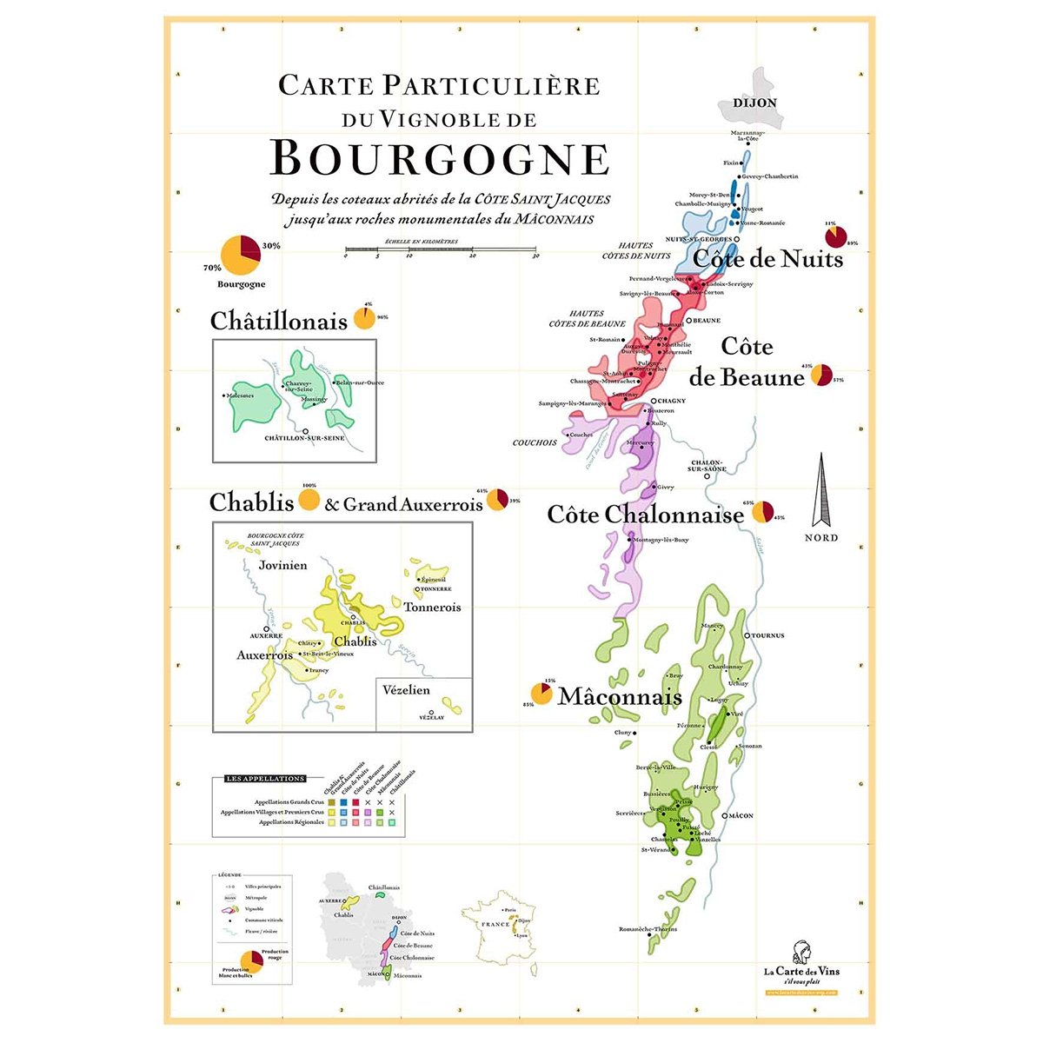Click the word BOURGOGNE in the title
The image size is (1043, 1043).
(440, 158)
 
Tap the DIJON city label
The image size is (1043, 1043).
(754, 103)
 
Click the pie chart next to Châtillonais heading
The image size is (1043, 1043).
(364, 318)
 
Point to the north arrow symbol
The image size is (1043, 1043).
(821, 491)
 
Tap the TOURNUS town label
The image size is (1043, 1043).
(767, 635)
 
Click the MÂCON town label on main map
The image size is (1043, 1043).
(741, 816)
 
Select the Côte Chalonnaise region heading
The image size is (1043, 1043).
(645, 515)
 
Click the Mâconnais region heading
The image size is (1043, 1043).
(620, 697)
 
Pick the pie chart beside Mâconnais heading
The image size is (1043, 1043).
(542, 694)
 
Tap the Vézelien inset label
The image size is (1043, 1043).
(406, 690)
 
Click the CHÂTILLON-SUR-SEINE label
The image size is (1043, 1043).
(304, 438)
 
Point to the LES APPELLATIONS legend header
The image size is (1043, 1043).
(264, 779)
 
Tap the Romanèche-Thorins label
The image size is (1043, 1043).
(648, 929)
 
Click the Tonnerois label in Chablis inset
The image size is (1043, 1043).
(432, 608)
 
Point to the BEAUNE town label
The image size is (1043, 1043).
(707, 321)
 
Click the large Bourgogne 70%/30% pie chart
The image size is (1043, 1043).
(240, 256)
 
